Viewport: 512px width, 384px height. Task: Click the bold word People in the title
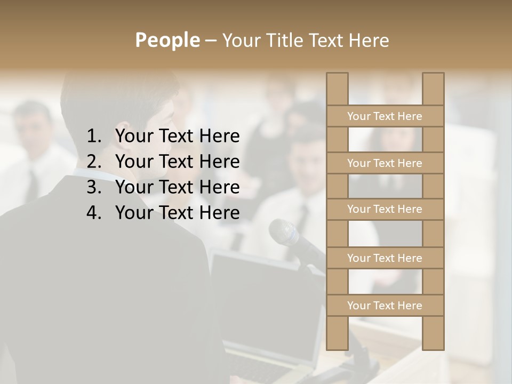pyautogui.click(x=167, y=40)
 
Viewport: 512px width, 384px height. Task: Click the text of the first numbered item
pyautogui.click(x=177, y=137)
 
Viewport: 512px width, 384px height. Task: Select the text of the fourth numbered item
pyautogui.click(x=177, y=213)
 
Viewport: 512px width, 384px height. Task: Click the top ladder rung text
pyautogui.click(x=385, y=116)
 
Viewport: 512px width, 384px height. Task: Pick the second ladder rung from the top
pyautogui.click(x=385, y=163)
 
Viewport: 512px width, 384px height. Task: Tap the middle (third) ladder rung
pyautogui.click(x=385, y=209)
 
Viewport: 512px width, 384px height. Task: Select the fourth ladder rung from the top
pyautogui.click(x=385, y=258)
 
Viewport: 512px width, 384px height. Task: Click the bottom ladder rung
pyautogui.click(x=385, y=306)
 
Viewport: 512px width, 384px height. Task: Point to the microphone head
pyautogui.click(x=282, y=231)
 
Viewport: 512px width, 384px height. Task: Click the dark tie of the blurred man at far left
pyautogui.click(x=32, y=184)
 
